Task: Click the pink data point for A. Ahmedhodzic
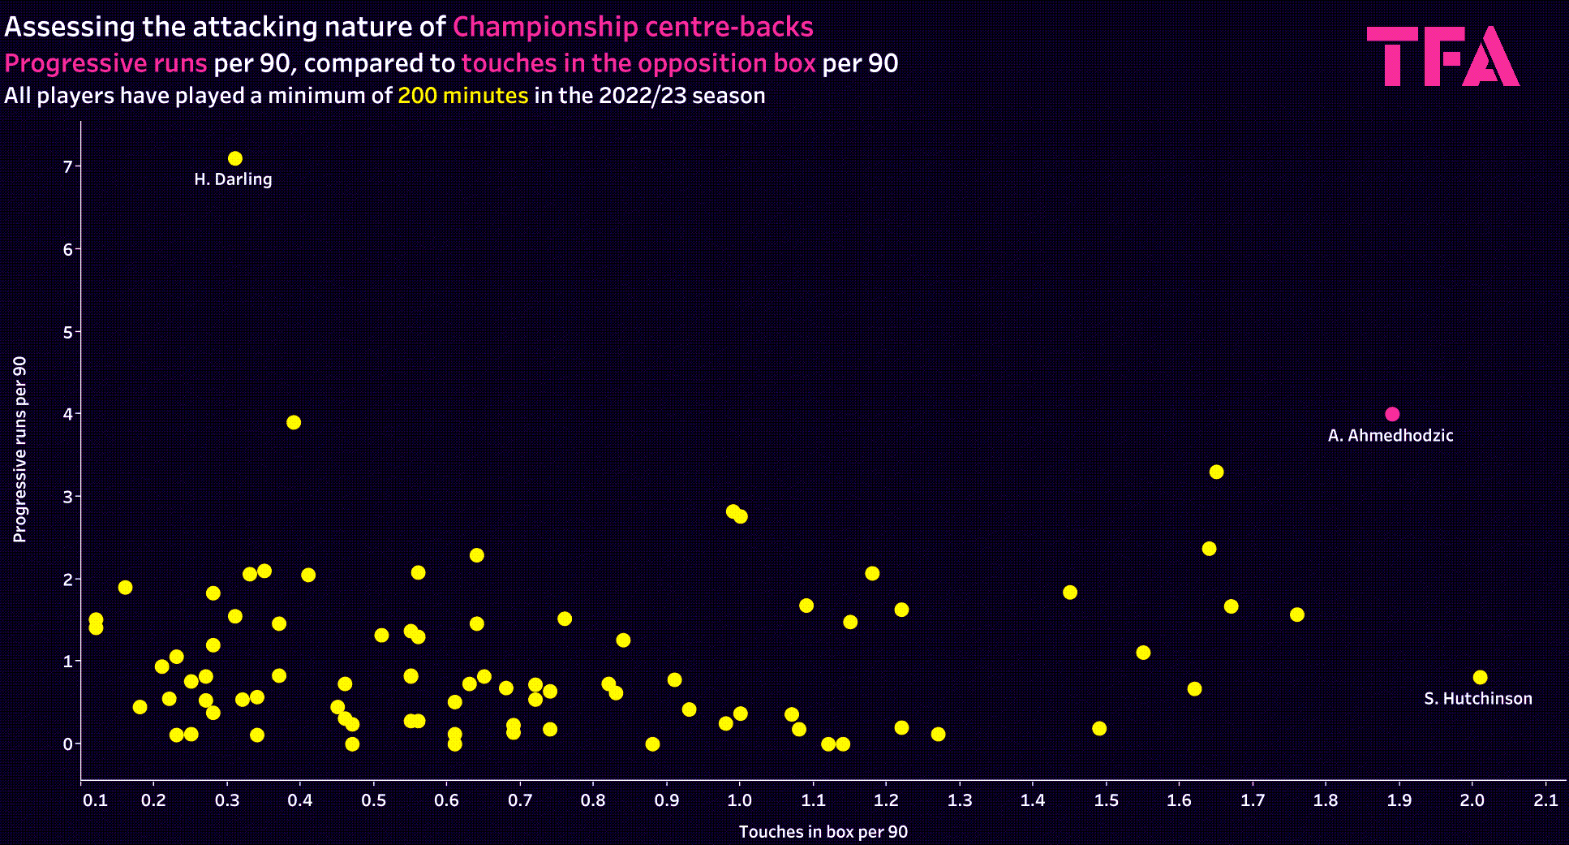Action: click(1392, 414)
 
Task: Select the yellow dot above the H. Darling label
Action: click(235, 158)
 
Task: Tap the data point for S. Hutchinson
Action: click(1480, 677)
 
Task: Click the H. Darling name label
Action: click(233, 179)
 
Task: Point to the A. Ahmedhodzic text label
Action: click(1390, 436)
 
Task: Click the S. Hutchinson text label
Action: click(1477, 699)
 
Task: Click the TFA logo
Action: click(1442, 56)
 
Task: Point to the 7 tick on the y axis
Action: click(68, 166)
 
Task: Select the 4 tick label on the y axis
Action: click(68, 414)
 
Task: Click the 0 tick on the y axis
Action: click(68, 744)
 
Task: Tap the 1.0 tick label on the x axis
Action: click(739, 800)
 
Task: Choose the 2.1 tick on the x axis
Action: click(1545, 800)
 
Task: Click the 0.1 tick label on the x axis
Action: click(96, 800)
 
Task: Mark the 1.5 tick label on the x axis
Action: click(1106, 800)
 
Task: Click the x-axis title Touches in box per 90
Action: click(823, 832)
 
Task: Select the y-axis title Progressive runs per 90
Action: click(20, 449)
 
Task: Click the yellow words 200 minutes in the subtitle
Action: click(462, 96)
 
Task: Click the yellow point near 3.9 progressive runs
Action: click(294, 422)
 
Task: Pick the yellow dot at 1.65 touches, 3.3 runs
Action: click(1216, 472)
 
